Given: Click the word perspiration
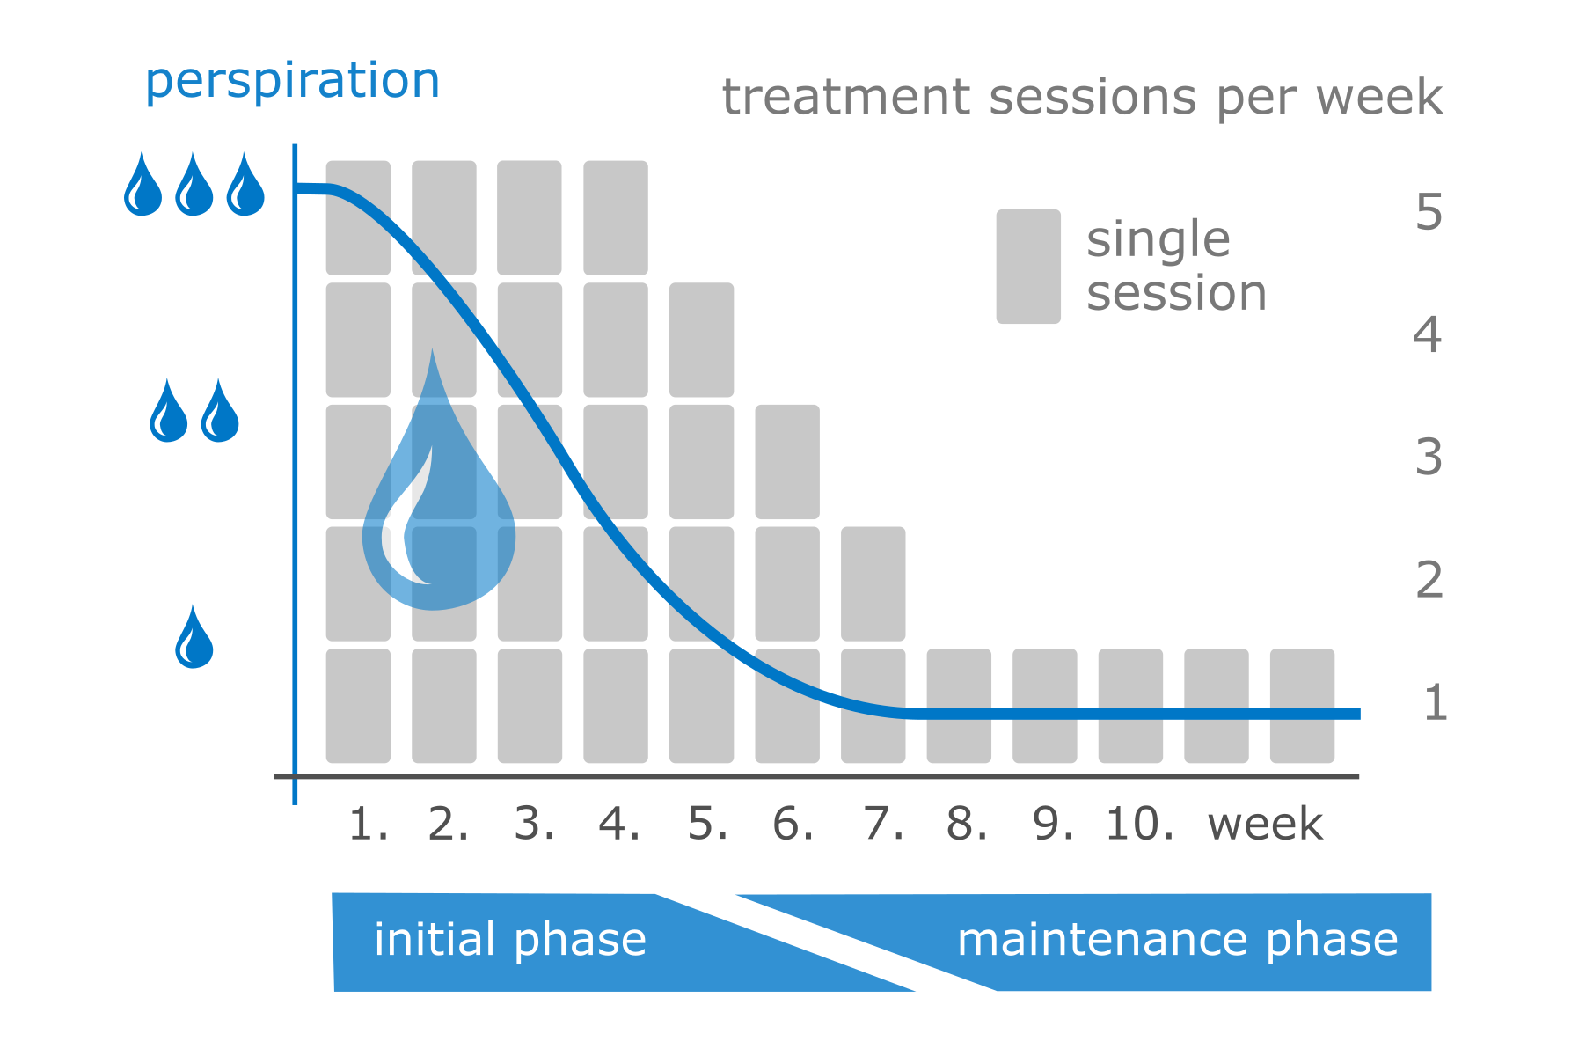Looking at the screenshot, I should (292, 82).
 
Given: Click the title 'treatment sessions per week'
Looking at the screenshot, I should (1081, 97).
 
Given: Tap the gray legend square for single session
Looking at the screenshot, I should (1027, 266).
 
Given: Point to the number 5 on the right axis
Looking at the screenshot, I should (1429, 213).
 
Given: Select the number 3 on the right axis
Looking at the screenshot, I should (1429, 458).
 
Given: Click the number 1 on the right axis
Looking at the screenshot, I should (1435, 703).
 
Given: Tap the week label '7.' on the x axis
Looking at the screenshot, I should (883, 825).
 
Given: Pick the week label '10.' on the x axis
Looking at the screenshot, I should (1140, 825).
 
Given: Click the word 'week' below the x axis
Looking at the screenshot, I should (1265, 825).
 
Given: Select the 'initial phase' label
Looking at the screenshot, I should (510, 940).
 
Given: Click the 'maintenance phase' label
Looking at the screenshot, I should (1177, 940).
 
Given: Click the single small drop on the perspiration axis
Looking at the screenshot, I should (194, 639).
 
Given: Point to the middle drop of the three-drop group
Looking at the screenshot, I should (194, 187).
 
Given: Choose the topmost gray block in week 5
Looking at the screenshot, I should (701, 340).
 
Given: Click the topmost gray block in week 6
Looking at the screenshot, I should (787, 461).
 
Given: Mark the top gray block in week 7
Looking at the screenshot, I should (873, 583).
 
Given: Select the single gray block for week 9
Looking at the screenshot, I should (1044, 706).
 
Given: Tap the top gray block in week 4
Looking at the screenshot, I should (616, 217).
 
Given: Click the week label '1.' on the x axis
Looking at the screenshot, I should (368, 825).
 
